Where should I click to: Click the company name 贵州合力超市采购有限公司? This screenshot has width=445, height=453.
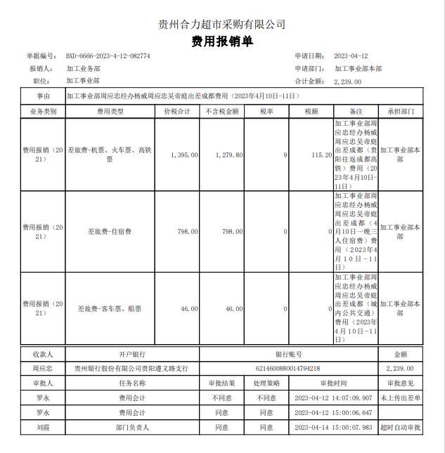pyautogui.click(x=222, y=24)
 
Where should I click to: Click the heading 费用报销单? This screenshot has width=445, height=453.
pyautogui.click(x=222, y=41)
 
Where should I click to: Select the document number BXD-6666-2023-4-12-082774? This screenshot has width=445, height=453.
pyautogui.click(x=108, y=56)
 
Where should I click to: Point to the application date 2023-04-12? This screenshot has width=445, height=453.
pyautogui.click(x=352, y=56)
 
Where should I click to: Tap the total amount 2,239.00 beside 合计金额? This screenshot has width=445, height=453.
pyautogui.click(x=348, y=81)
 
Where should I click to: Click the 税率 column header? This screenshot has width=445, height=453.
pyautogui.click(x=266, y=112)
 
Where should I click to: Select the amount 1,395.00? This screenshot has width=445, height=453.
pyautogui.click(x=184, y=155)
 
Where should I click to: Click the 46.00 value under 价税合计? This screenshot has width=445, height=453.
pyautogui.click(x=189, y=308)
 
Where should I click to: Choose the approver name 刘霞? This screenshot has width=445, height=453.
pyautogui.click(x=42, y=427)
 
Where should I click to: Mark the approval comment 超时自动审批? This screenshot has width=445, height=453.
pyautogui.click(x=401, y=427)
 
